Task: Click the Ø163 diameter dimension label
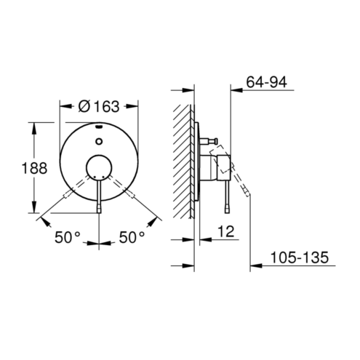tap(99, 106)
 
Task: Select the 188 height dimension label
tap(34, 168)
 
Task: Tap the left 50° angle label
tap(67, 237)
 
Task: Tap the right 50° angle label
tap(132, 237)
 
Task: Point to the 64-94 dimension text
tap(267, 82)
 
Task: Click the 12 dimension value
tap(226, 231)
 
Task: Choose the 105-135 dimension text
tap(300, 257)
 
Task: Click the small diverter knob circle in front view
tap(99, 141)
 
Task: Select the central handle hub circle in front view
tap(99, 168)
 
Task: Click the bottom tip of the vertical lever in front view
tap(99, 213)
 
